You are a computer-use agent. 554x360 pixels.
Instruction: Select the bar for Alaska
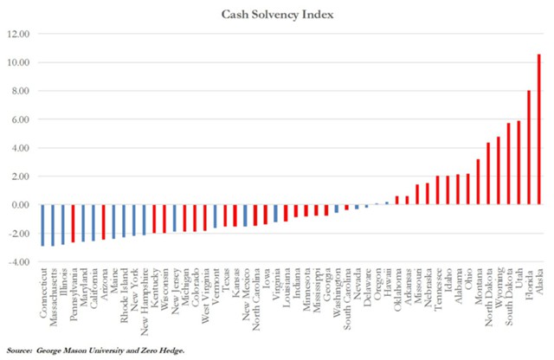point(539,130)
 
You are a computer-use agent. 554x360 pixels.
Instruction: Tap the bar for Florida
point(529,147)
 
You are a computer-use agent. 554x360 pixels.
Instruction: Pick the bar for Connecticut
point(42,225)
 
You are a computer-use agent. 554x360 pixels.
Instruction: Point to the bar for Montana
point(478,182)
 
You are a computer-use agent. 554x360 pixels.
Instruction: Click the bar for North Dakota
point(488,173)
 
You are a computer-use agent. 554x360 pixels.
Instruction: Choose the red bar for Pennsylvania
point(73,223)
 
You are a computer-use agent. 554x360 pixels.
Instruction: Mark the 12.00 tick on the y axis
point(19,35)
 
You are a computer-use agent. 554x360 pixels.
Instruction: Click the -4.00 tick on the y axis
point(19,261)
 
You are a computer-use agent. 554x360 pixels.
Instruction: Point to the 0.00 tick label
point(21,205)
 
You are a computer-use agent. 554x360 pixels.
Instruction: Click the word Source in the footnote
point(22,350)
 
